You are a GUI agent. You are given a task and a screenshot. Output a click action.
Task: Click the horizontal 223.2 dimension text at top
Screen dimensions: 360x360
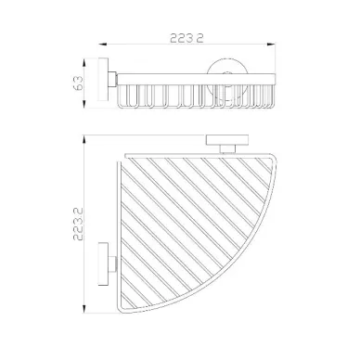[186, 38]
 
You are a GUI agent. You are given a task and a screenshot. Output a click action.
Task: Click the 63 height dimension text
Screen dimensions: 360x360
[79, 83]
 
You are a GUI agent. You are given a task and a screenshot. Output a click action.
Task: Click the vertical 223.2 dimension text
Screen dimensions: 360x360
[78, 225]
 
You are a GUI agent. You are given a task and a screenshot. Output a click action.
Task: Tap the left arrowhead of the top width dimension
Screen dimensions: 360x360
[103, 45]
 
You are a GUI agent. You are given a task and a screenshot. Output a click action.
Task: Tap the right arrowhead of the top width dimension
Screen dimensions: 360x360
[271, 45]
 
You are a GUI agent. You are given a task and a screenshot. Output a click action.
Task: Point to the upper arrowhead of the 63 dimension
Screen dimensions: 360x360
[84, 62]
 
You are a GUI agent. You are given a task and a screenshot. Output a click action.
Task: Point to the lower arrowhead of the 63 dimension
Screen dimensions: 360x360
[84, 104]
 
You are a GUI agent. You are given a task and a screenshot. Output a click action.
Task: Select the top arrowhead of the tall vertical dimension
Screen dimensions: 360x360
[84, 139]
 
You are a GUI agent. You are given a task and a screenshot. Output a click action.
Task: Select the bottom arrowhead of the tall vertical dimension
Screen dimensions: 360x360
[84, 308]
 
